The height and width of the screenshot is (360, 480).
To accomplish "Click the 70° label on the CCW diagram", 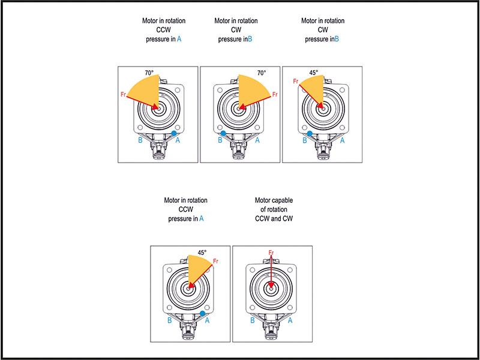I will point(149,73).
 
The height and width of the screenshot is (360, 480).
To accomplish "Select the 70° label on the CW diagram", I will point(261,73).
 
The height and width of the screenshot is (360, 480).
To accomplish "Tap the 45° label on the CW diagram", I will point(313,73).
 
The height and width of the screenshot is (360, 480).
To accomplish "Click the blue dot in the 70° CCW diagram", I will point(174,133).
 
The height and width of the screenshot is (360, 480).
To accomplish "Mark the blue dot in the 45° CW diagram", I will point(310,133).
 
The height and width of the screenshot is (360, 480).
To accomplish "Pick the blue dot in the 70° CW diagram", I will point(223,133).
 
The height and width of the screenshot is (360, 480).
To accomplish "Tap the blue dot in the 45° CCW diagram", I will point(203,313).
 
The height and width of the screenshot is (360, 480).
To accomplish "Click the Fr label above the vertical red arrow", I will point(272,253).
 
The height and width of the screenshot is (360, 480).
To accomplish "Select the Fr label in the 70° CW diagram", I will point(275,95).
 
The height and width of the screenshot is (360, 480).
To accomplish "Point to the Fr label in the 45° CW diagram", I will point(296,81).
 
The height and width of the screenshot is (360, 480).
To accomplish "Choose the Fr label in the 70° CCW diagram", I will point(123,94).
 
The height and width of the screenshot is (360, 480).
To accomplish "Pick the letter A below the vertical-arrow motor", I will point(291,320).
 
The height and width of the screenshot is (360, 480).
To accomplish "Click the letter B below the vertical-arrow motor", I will point(253,320).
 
